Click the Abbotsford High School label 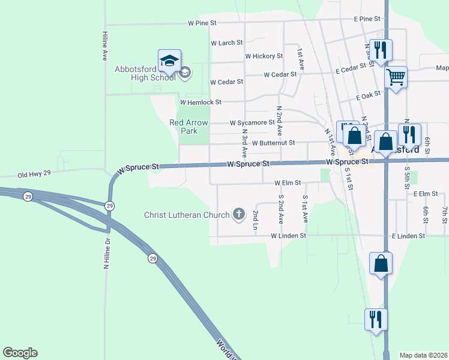click(145, 73)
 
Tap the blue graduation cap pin click(169, 61)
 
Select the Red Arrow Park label click(188, 127)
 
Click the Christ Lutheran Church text click(187, 215)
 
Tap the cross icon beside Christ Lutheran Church click(239, 214)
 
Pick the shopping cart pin click(396, 78)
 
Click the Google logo click(20, 353)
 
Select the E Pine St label click(367, 19)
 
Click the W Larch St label click(226, 43)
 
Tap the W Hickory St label click(264, 56)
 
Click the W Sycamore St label click(252, 123)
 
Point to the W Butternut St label click(273, 143)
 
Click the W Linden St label click(288, 236)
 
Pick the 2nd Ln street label click(256, 220)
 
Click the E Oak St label click(369, 96)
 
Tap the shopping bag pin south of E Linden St click(381, 265)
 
